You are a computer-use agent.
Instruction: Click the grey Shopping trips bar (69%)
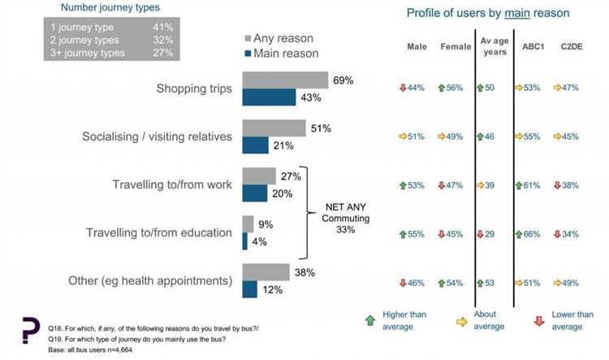tap(285, 80)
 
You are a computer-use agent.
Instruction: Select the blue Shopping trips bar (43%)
tap(269, 97)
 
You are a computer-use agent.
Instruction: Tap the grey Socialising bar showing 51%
tap(274, 128)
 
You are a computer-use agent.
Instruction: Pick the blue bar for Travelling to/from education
tap(245, 241)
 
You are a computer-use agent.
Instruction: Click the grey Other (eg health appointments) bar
tap(266, 271)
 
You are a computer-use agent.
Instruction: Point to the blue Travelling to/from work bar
tap(255, 192)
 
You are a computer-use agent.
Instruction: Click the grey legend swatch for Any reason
tap(250, 38)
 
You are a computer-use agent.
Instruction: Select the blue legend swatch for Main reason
tap(250, 54)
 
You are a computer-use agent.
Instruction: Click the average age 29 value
tap(490, 234)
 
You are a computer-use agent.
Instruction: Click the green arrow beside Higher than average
tap(370, 320)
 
